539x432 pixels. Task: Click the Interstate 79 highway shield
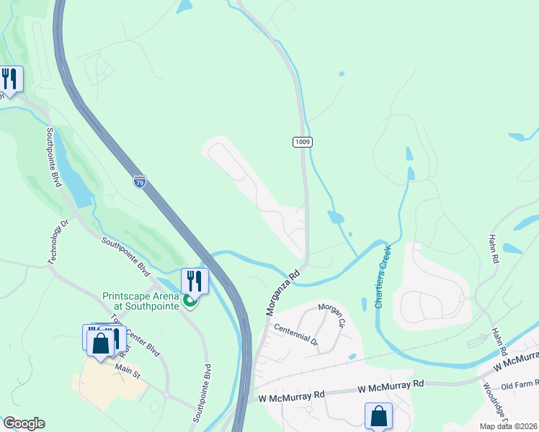click(x=139, y=181)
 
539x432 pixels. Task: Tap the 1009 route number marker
click(x=303, y=142)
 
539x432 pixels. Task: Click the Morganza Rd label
click(x=282, y=293)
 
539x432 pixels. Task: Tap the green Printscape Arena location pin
click(x=190, y=300)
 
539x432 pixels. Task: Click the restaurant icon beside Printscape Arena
click(x=195, y=279)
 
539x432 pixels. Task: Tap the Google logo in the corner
click(x=24, y=423)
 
